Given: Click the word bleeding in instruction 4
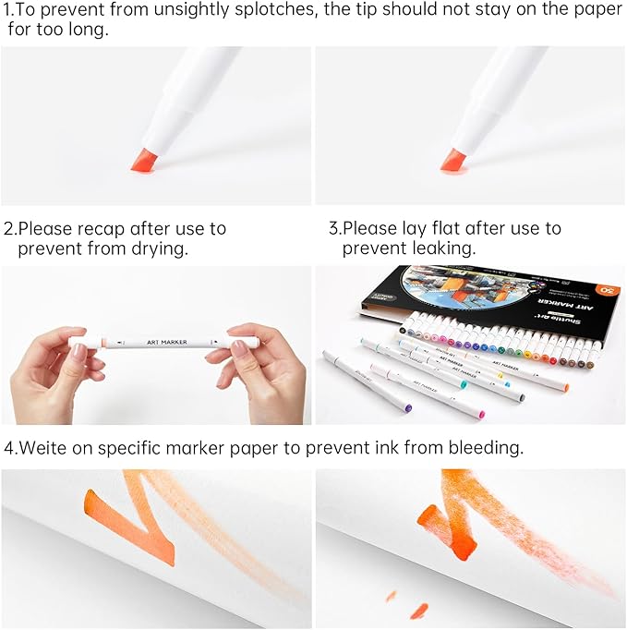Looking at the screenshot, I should (x=485, y=447).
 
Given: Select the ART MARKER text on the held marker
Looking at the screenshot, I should (x=167, y=342).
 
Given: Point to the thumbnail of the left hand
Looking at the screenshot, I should (x=79, y=352).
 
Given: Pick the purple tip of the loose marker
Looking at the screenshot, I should (x=407, y=406).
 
